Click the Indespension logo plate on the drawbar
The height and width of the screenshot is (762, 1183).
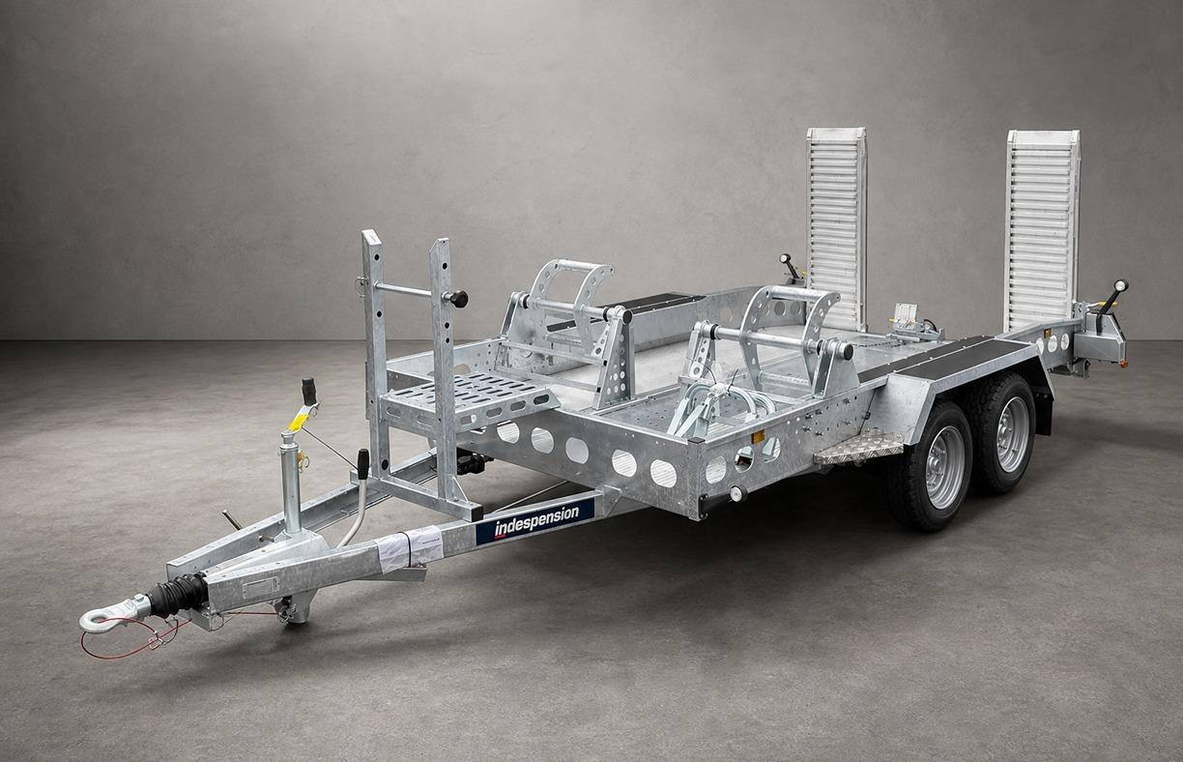pyautogui.click(x=534, y=520)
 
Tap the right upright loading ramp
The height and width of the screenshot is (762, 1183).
pyautogui.click(x=1043, y=230)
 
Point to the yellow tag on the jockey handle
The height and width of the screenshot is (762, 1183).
pyautogui.click(x=299, y=421)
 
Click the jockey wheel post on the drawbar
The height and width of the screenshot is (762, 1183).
pyautogui.click(x=291, y=484)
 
